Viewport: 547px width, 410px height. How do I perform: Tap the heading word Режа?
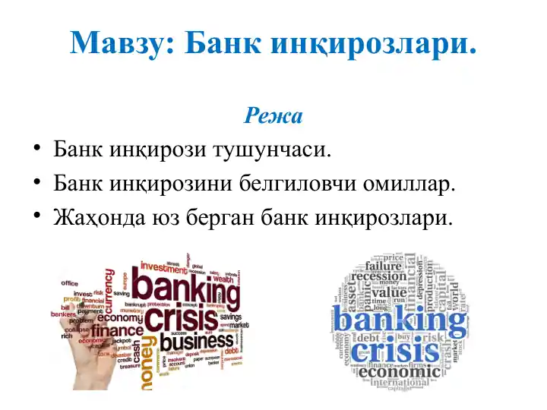pos(273,116)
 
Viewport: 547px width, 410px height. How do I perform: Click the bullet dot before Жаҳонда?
pos(36,216)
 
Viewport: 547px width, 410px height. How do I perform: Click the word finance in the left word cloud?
pos(117,331)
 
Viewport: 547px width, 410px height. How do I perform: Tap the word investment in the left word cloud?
pos(163,266)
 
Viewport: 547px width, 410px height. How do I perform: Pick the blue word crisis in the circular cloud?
pos(395,352)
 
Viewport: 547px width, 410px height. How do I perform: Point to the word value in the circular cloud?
pos(389,291)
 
